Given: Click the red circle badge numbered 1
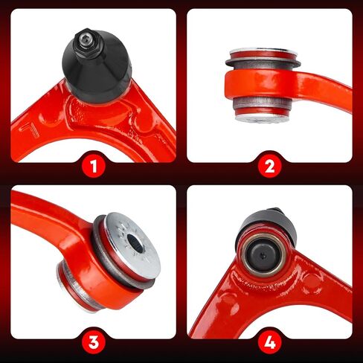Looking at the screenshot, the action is [x=94, y=166].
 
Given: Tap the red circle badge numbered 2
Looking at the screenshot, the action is [x=270, y=166].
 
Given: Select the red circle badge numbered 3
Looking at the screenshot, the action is [x=94, y=342].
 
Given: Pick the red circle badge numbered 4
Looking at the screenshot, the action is [x=270, y=342].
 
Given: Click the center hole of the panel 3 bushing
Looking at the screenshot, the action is [x=135, y=242].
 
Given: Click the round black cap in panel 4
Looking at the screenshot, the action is [x=263, y=256].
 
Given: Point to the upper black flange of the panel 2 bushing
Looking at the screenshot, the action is [x=263, y=63].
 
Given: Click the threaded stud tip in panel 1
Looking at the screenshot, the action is [x=84, y=38].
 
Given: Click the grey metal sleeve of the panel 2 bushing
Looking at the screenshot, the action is [x=262, y=102].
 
